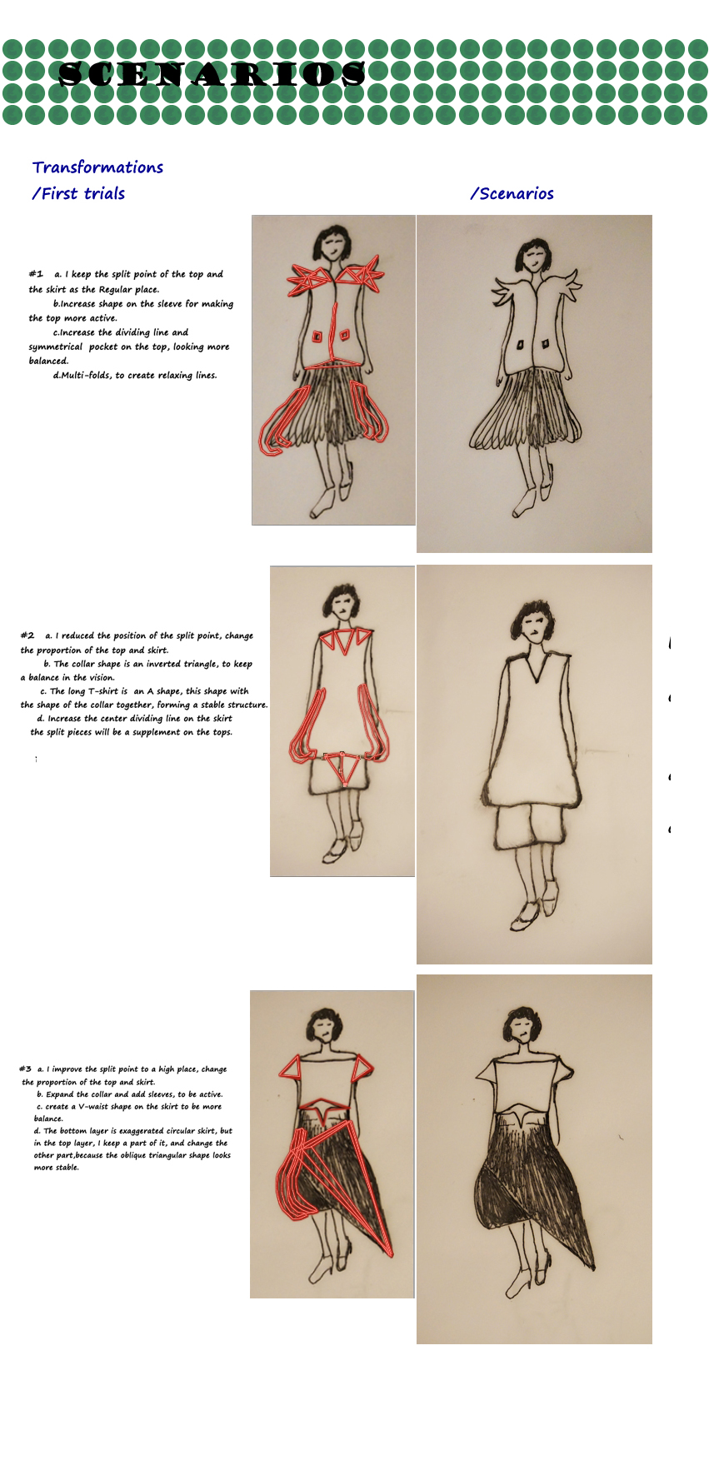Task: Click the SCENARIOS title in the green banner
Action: point(212,74)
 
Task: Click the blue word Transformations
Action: point(97,167)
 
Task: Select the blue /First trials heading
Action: point(78,193)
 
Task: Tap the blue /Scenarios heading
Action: point(512,193)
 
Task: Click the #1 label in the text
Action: point(36,273)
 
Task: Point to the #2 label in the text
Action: point(27,635)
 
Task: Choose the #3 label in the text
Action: point(25,1069)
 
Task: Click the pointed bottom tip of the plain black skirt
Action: point(593,1268)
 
